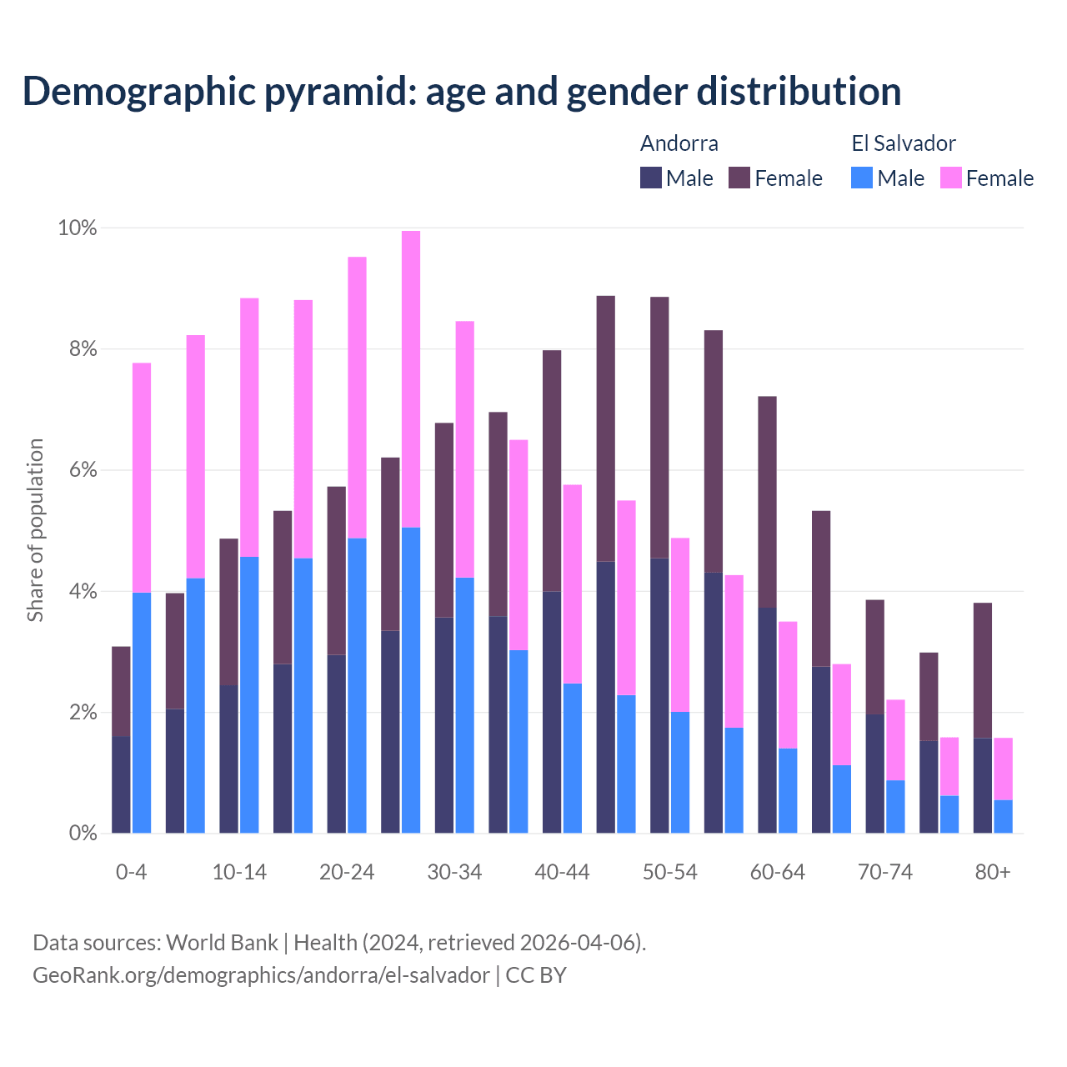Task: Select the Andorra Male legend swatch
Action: (650, 178)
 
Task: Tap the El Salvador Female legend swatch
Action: (950, 178)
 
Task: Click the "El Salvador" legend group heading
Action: (903, 143)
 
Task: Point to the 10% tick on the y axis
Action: (77, 228)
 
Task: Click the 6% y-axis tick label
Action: (82, 470)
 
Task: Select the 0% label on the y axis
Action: (82, 833)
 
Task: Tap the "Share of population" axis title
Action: (35, 530)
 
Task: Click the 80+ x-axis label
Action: (992, 872)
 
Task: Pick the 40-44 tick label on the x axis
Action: (562, 872)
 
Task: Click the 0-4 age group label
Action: (131, 872)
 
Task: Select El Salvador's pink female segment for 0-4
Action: (142, 478)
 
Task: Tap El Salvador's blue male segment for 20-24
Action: (357, 685)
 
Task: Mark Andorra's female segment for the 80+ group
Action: (983, 670)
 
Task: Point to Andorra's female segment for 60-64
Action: (767, 502)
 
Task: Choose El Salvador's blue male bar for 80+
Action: (1004, 816)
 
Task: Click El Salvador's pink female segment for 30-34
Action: (464, 449)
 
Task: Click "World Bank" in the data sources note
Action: (222, 943)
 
